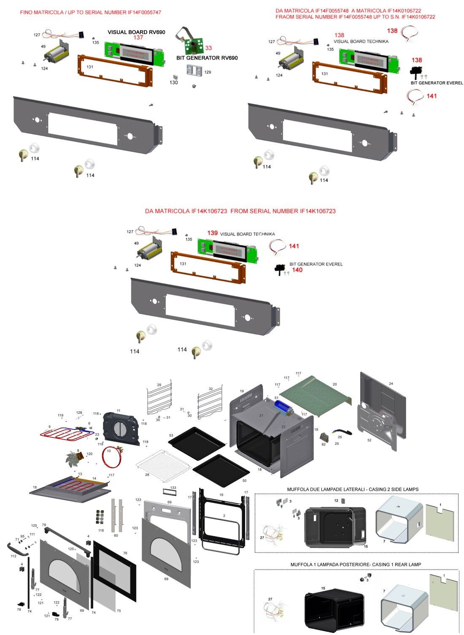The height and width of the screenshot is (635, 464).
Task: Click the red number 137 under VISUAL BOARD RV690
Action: (x=138, y=38)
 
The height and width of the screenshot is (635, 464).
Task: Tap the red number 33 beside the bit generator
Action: (x=208, y=48)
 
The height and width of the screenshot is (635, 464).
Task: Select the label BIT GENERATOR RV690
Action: (x=207, y=58)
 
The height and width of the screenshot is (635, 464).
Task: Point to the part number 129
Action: (x=208, y=72)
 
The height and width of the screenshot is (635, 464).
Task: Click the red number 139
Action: (x=212, y=233)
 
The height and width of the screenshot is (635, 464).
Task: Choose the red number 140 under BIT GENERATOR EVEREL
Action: (x=297, y=270)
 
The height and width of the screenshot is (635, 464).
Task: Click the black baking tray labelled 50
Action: (x=221, y=470)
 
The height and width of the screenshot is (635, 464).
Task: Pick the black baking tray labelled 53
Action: (x=196, y=442)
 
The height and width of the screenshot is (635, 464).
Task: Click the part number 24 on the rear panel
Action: (x=391, y=384)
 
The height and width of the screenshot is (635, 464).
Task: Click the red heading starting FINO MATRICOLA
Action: (x=90, y=13)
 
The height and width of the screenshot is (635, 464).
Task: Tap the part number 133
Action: (x=173, y=488)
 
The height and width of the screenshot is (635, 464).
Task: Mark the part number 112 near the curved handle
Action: (x=13, y=556)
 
